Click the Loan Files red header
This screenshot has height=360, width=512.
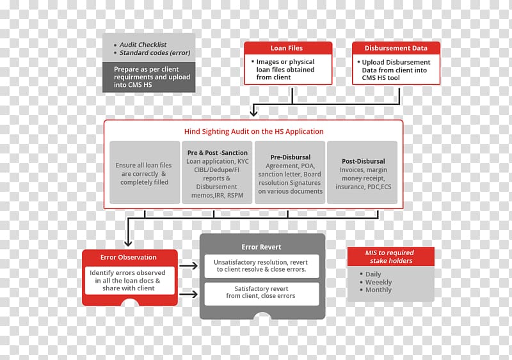[x=288, y=48]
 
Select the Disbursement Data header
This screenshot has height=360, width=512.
[x=396, y=48]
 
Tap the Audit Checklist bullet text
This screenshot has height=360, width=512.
[x=143, y=45]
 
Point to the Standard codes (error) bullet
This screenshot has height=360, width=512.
[x=155, y=53]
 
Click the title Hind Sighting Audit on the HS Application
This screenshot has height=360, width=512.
[x=253, y=132]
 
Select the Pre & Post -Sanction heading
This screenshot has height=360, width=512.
[x=218, y=153]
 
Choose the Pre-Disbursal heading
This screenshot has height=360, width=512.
[x=291, y=157]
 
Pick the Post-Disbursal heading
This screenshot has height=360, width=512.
[x=364, y=161]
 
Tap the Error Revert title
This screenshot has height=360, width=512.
[x=261, y=247]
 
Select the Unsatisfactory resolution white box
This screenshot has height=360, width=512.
[x=262, y=266]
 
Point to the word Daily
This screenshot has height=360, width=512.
[x=373, y=274]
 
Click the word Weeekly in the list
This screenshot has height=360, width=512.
[x=378, y=283]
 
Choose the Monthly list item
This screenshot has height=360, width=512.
[x=378, y=290]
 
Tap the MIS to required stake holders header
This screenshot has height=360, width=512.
[x=391, y=256]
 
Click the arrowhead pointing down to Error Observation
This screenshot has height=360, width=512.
[x=128, y=243]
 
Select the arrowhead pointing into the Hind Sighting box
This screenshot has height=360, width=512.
[x=253, y=113]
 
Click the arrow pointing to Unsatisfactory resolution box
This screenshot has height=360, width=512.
[x=188, y=265]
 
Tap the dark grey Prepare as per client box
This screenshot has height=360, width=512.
[x=149, y=77]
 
